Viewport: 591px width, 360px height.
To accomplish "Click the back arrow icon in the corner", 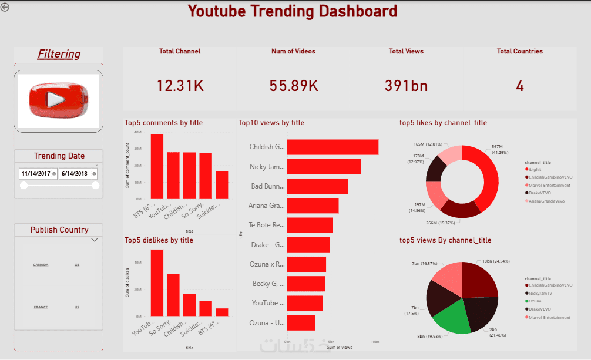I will pos(5,7).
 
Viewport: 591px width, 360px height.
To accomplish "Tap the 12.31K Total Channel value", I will pos(180,86).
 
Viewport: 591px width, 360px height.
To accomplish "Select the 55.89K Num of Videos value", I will pos(294,86).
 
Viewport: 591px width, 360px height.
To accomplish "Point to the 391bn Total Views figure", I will pos(406,86).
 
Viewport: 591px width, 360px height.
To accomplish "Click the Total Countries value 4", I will pos(520,86).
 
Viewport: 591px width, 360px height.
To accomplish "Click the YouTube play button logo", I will pos(58,100).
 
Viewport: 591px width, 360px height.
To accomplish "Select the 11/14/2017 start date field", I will pos(38,174).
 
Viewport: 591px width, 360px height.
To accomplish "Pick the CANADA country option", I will pos(41,265).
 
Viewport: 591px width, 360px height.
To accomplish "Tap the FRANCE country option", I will pos(41,307).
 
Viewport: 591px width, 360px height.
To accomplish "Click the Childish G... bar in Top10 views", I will pos(333,147).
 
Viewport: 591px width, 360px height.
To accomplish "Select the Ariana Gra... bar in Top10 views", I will pos(313,206).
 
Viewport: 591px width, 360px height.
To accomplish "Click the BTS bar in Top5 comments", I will pos(157,166).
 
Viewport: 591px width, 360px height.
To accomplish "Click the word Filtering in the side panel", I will pos(59,54).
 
